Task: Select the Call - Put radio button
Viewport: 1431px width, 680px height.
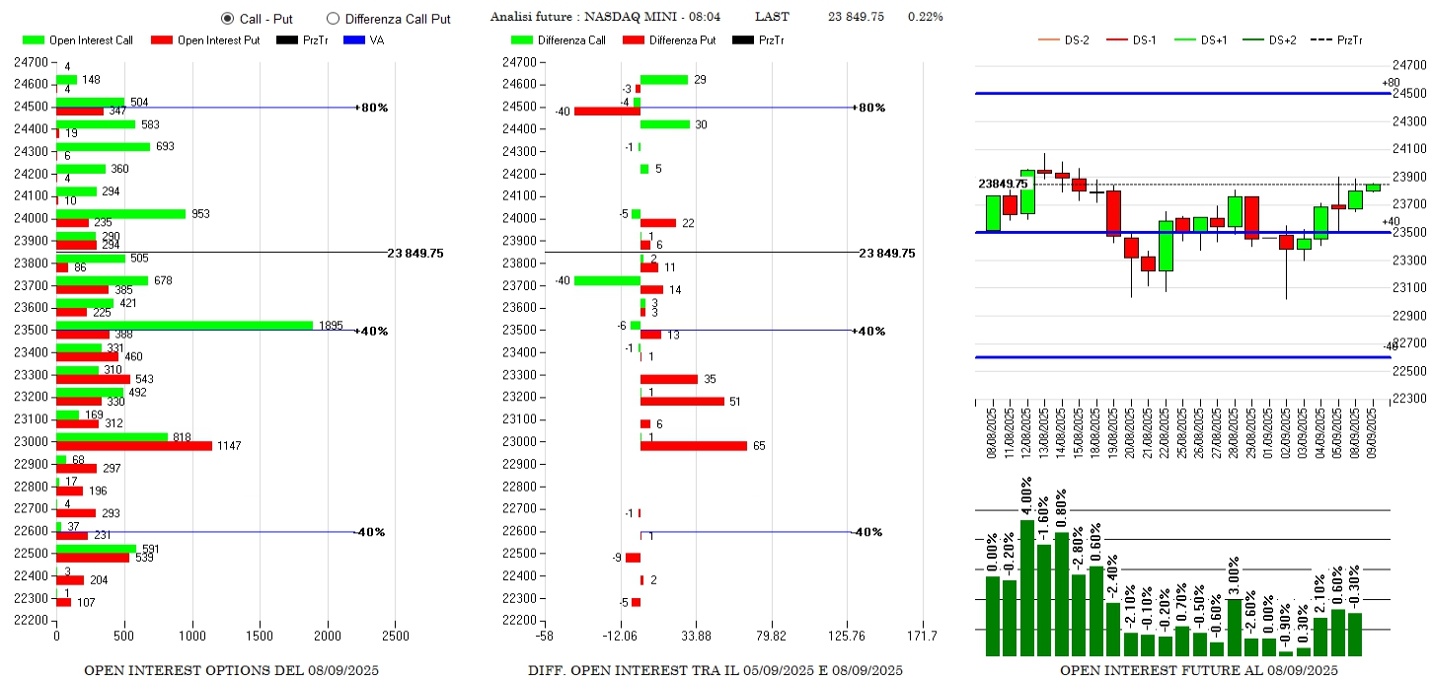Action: (x=227, y=18)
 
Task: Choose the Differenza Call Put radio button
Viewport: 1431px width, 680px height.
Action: (x=333, y=18)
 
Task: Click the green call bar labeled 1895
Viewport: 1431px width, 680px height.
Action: (x=185, y=325)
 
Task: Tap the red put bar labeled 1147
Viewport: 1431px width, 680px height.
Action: (x=134, y=446)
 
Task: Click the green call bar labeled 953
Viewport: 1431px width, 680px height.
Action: (x=120, y=213)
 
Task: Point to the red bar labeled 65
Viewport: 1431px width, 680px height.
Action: (x=693, y=446)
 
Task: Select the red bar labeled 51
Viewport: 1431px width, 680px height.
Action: (x=682, y=402)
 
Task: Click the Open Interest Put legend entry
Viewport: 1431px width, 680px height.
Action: (x=205, y=40)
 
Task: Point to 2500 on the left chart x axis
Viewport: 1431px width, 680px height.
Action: (x=395, y=636)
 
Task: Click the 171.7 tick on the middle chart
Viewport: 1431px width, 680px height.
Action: (x=922, y=636)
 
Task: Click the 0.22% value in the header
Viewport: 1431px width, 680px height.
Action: (x=925, y=17)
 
